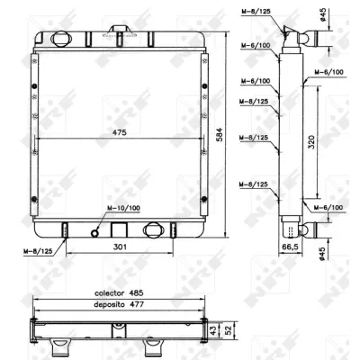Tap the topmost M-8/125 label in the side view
pos(254,12)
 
